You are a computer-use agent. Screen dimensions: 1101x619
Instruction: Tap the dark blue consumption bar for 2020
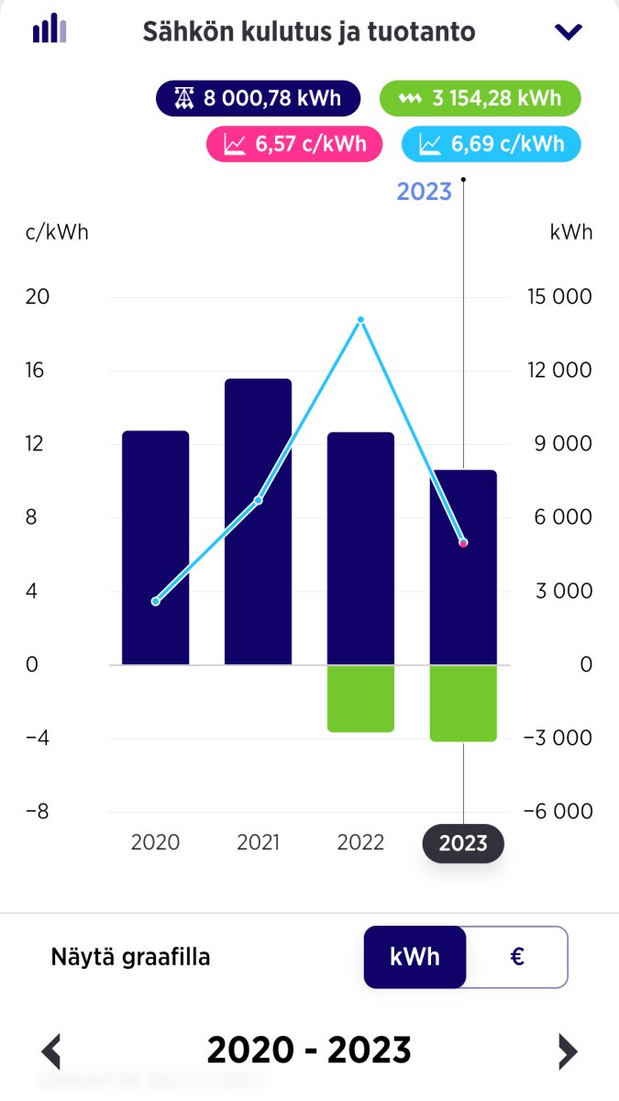point(155,548)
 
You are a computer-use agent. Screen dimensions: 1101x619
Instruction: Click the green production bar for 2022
point(360,698)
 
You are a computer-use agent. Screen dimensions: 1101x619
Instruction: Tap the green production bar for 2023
point(463,703)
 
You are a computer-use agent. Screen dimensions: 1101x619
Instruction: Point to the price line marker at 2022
point(360,319)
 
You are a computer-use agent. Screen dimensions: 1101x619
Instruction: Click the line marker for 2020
point(155,602)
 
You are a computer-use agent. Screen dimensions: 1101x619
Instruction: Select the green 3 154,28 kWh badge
point(481,98)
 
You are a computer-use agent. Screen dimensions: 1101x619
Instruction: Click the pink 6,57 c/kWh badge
point(295,144)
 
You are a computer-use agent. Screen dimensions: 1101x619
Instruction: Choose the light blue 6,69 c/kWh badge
point(492,144)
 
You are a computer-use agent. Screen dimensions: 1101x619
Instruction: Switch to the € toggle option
point(517,957)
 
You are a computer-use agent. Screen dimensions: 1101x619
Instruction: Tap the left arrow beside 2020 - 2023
point(52,1051)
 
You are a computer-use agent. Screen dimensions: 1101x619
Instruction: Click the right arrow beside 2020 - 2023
point(568,1051)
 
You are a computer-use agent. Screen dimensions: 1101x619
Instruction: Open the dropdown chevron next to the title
point(569,32)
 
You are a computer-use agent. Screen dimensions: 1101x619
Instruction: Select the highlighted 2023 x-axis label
point(463,843)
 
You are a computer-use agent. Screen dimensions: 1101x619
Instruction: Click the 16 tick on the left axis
point(38,371)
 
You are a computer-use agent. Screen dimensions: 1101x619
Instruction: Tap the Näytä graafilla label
point(130,957)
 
